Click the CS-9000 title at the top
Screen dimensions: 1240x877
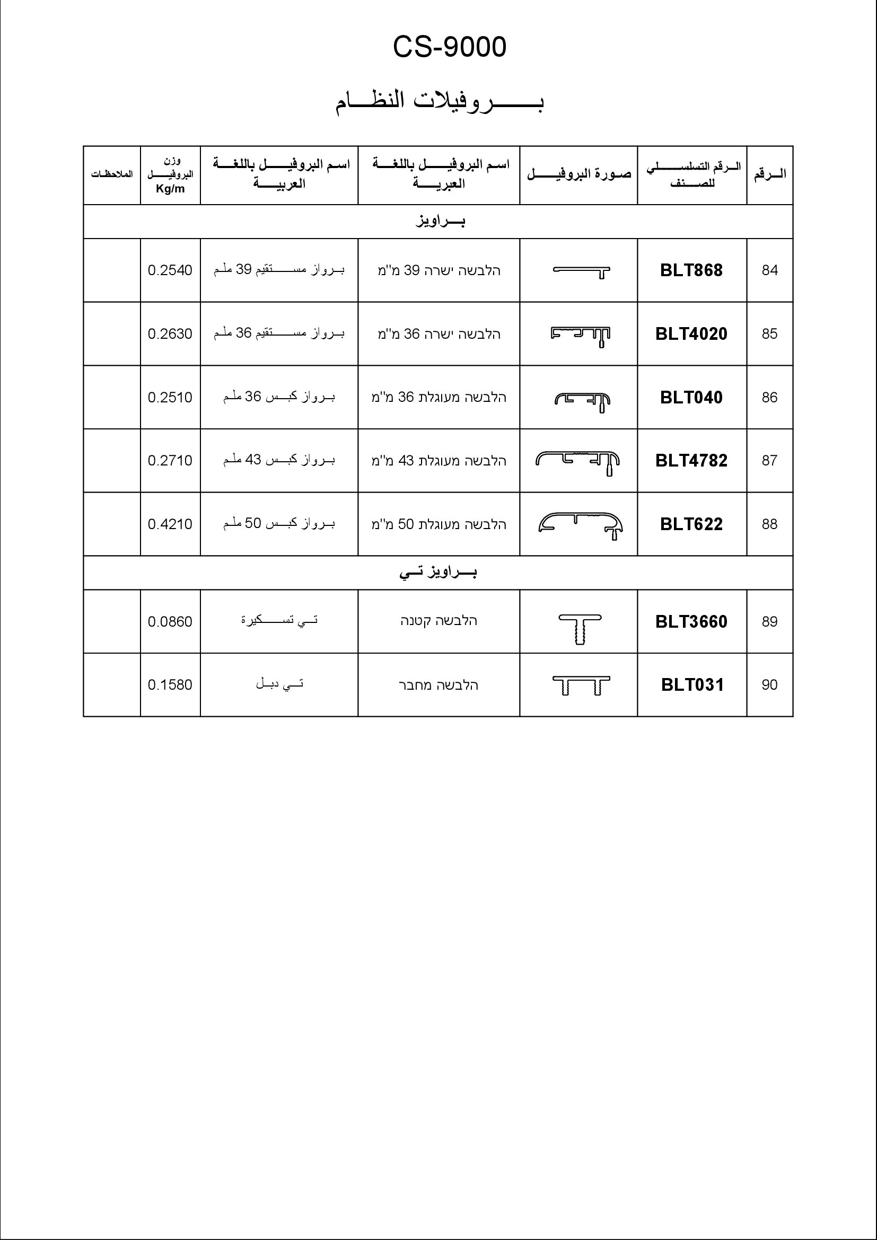449,47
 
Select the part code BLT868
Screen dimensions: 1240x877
691,270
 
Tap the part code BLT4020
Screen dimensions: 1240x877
691,334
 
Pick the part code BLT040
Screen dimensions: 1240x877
691,398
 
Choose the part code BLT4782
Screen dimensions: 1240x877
691,461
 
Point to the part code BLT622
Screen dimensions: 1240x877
691,524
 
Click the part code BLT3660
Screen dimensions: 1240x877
691,622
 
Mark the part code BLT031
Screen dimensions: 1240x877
692,685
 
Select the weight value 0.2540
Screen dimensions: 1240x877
170,270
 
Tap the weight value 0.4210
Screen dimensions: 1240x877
170,524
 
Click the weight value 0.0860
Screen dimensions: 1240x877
170,622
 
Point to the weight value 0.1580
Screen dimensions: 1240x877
170,685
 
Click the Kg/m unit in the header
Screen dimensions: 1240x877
170,189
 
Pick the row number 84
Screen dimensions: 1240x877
769,270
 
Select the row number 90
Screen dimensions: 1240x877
769,685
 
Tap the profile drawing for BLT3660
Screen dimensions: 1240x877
580,628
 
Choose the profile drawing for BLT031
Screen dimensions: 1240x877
581,685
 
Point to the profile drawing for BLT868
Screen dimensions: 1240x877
582,271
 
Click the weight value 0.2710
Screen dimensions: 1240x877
170,461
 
